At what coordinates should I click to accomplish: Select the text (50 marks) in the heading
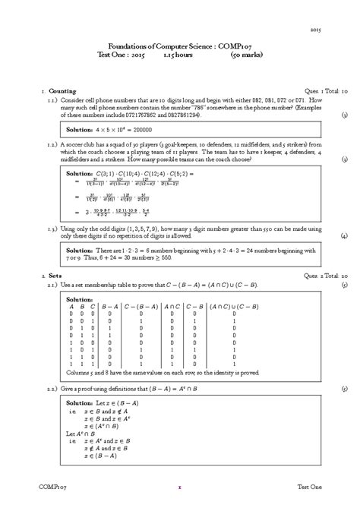[x=248, y=55]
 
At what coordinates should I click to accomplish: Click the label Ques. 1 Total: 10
[x=323, y=90]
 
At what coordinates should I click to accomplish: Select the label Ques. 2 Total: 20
[x=323, y=274]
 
